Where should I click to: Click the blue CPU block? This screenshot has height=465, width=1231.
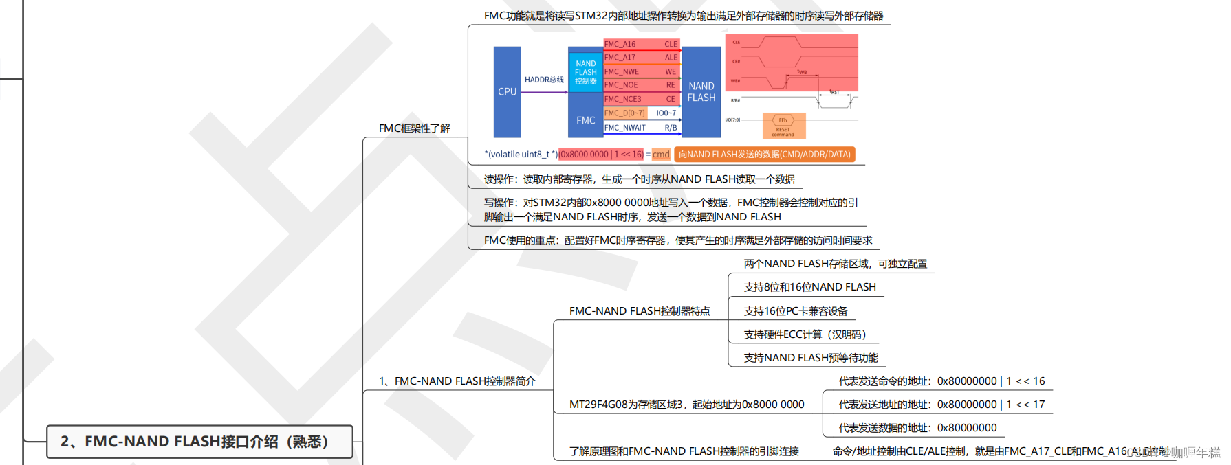pyautogui.click(x=507, y=91)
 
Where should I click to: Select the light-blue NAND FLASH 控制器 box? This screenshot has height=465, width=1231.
pyautogui.click(x=585, y=72)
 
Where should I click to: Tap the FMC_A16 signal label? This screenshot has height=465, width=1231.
pyautogui.click(x=620, y=44)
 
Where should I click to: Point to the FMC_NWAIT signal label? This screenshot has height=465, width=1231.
pyautogui.click(x=625, y=128)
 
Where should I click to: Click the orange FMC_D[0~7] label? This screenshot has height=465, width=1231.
pyautogui.click(x=625, y=113)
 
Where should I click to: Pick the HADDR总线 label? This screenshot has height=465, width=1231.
pyautogui.click(x=544, y=80)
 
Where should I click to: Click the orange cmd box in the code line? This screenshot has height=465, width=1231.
pyautogui.click(x=661, y=155)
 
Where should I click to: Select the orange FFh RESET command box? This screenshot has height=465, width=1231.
pyautogui.click(x=783, y=126)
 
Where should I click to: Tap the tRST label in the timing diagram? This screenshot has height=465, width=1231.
pyautogui.click(x=834, y=91)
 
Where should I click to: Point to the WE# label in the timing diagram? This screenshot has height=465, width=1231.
pyautogui.click(x=735, y=81)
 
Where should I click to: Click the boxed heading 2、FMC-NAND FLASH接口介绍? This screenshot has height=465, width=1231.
pyautogui.click(x=199, y=442)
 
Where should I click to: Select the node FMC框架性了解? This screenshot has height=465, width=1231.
pyautogui.click(x=414, y=128)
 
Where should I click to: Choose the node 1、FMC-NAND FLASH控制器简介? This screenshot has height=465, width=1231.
pyautogui.click(x=457, y=381)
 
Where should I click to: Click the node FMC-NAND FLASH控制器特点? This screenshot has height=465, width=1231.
pyautogui.click(x=640, y=311)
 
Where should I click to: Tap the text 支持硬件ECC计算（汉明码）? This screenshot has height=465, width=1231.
pyautogui.click(x=805, y=334)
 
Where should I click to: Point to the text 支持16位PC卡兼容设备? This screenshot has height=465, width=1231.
pyautogui.click(x=796, y=311)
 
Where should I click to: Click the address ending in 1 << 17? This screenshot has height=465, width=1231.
pyautogui.click(x=941, y=405)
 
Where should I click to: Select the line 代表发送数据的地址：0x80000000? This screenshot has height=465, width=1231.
pyautogui.click(x=917, y=428)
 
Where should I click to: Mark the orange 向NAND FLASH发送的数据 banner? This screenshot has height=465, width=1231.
pyautogui.click(x=764, y=155)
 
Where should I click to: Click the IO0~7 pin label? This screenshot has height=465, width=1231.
pyautogui.click(x=666, y=113)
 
